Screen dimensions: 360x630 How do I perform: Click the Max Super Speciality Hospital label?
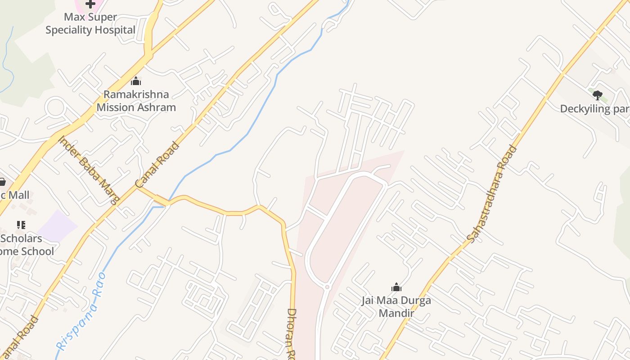(x=90, y=23)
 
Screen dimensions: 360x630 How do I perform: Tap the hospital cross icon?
(x=90, y=4)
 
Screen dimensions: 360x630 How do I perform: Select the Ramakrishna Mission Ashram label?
(x=136, y=101)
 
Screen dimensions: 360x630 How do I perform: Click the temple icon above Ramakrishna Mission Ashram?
(x=136, y=81)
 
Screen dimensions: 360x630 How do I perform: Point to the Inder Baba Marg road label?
(x=89, y=170)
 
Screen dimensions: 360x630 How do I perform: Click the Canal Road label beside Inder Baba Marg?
(x=157, y=165)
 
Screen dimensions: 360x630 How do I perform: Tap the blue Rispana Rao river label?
(x=81, y=311)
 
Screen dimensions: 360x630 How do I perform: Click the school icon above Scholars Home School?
(x=21, y=225)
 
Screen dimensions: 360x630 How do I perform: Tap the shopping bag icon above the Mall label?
(x=2, y=182)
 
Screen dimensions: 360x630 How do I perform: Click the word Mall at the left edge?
(x=19, y=195)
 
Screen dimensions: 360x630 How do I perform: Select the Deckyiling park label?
(x=594, y=109)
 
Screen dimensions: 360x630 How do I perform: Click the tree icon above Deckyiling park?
(x=598, y=95)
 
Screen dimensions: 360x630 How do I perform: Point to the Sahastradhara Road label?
(x=491, y=194)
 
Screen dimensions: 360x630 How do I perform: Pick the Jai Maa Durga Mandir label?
(x=396, y=306)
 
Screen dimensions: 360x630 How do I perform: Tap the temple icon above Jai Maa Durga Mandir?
(x=396, y=287)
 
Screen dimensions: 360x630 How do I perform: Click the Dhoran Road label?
(x=292, y=333)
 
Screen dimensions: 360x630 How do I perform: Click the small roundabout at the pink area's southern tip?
(x=327, y=287)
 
